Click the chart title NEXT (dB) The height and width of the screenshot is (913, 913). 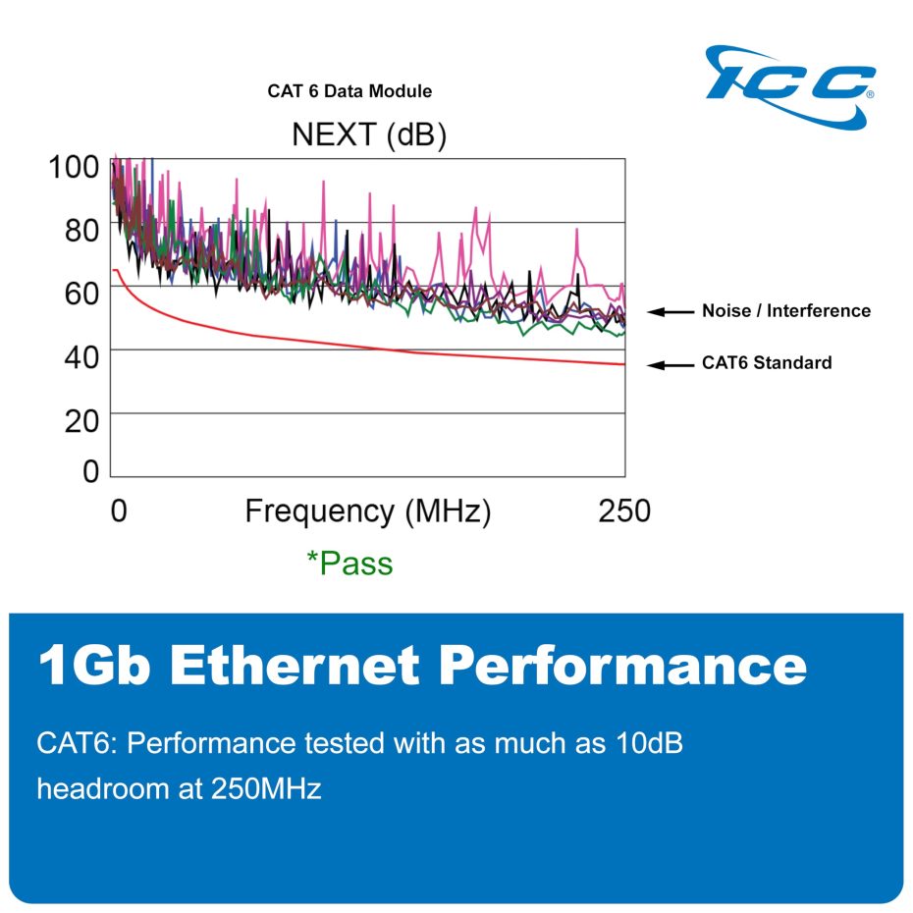(369, 135)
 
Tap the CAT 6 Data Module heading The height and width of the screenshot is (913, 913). (349, 91)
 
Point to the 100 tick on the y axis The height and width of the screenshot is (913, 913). (74, 166)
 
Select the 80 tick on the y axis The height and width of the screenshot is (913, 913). (74, 230)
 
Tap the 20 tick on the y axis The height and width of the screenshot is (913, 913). (74, 419)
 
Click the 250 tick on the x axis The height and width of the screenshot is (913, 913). (624, 511)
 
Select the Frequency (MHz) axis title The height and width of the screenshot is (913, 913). (367, 511)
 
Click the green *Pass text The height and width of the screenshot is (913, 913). (349, 564)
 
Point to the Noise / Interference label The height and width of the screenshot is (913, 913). (785, 311)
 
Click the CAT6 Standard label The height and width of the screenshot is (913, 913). (766, 363)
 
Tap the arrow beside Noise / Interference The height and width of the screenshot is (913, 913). (671, 312)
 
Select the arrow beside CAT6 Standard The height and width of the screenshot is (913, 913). (671, 364)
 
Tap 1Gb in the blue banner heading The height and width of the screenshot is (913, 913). (95, 666)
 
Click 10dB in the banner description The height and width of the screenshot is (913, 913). (639, 744)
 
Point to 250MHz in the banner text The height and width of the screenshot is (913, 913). (266, 788)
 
